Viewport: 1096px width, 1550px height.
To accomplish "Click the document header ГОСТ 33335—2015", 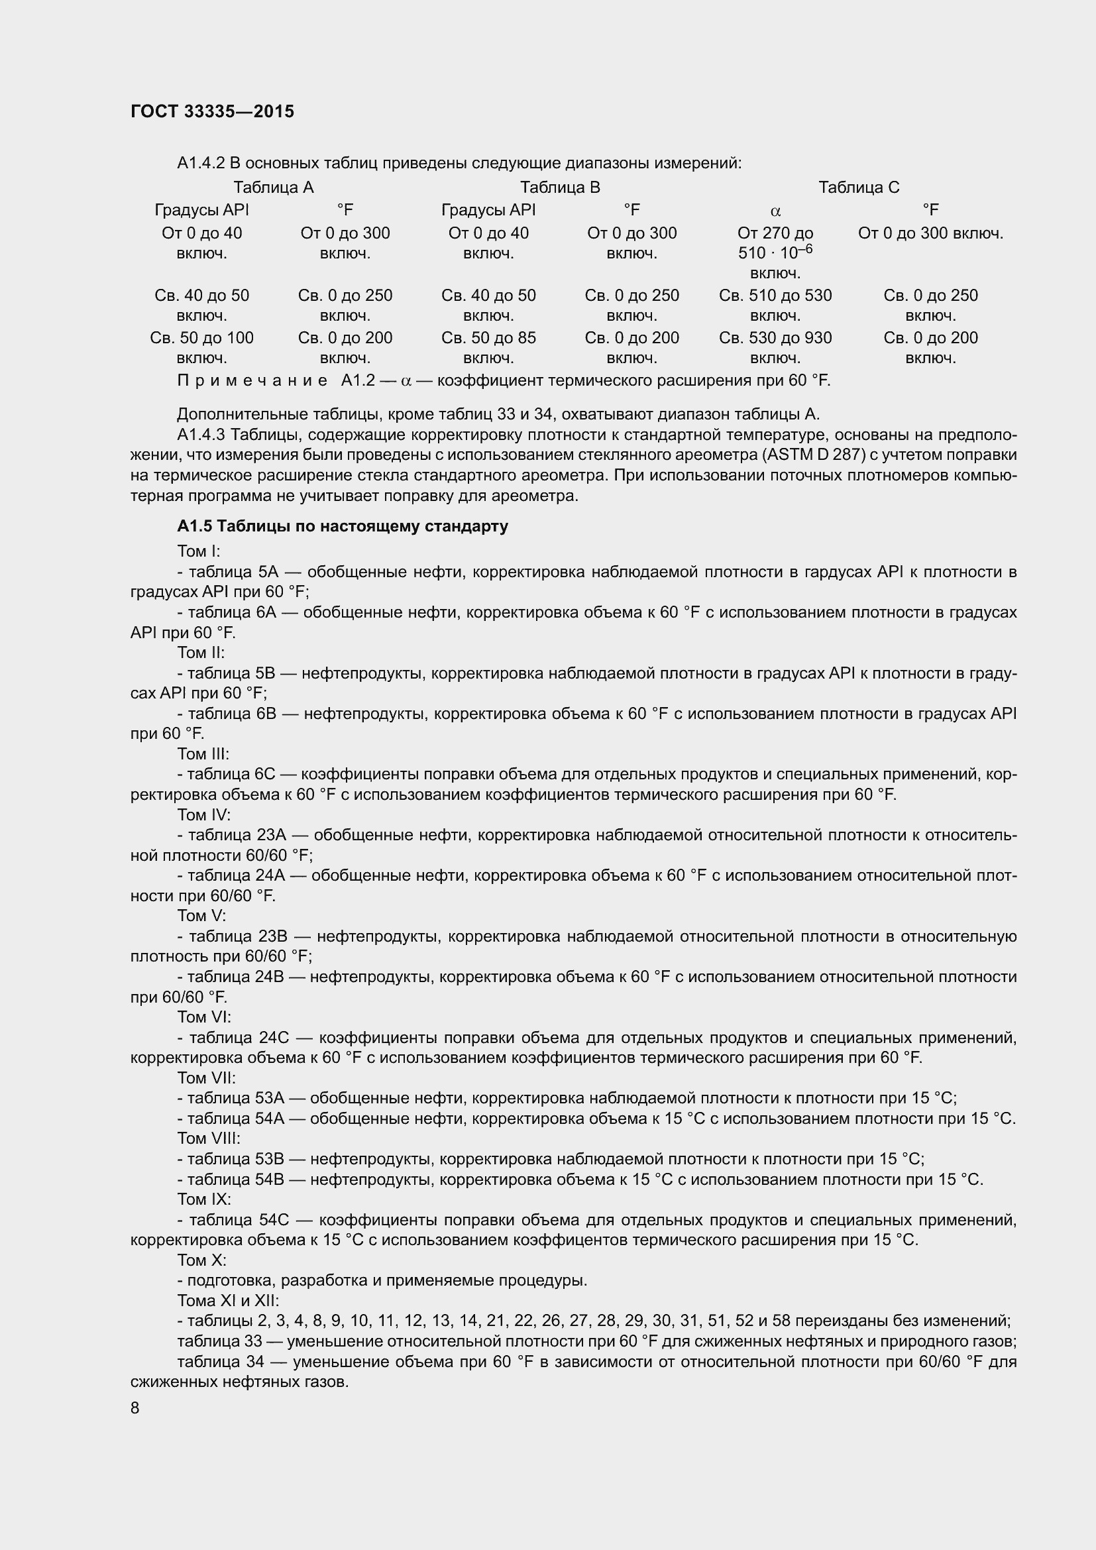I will pyautogui.click(x=212, y=112).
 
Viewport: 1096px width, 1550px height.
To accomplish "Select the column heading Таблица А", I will pyautogui.click(x=273, y=187).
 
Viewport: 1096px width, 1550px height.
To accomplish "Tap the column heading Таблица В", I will pyautogui.click(x=559, y=187).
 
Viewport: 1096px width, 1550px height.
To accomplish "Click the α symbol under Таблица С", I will pyautogui.click(x=775, y=211).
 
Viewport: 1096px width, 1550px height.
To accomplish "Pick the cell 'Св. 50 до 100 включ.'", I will pyautogui.click(x=202, y=347).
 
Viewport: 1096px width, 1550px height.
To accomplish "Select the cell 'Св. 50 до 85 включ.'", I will pyautogui.click(x=488, y=347).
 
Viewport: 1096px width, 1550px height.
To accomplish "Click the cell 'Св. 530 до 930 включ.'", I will pyautogui.click(x=775, y=347).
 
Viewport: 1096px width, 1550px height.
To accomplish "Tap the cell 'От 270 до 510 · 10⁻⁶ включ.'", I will pyautogui.click(x=775, y=253).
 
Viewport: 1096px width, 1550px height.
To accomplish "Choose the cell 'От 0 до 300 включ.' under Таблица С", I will pyautogui.click(x=930, y=233).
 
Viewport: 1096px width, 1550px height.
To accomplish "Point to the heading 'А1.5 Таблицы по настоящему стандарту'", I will pyautogui.click(x=342, y=526).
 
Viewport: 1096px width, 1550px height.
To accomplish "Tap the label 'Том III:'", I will pyautogui.click(x=203, y=753).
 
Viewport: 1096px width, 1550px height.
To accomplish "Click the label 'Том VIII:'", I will pyautogui.click(x=209, y=1138).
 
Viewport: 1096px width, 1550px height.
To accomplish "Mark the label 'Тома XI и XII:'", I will pyautogui.click(x=227, y=1300).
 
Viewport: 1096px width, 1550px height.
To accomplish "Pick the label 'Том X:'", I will pyautogui.click(x=201, y=1260).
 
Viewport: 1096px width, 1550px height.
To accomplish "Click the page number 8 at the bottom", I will pyautogui.click(x=135, y=1408).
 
